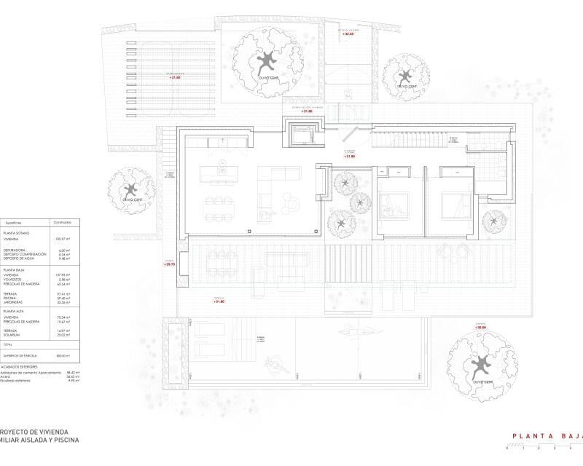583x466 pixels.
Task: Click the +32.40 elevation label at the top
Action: point(348,33)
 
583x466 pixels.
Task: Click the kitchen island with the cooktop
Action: point(223,175)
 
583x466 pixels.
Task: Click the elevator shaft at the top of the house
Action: point(302,134)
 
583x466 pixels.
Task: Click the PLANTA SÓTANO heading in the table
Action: point(25,232)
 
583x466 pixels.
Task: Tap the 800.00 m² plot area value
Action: point(63,355)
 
